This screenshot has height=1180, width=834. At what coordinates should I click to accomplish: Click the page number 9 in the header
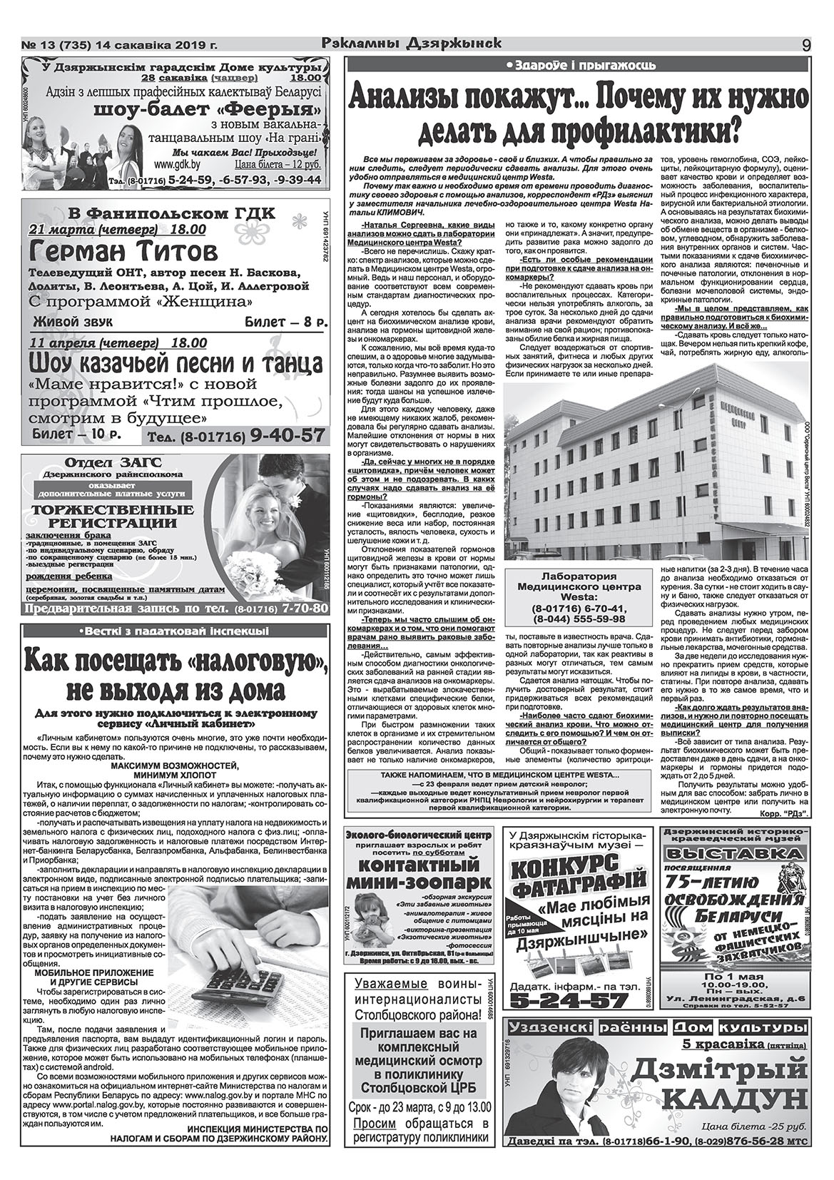pyautogui.click(x=805, y=44)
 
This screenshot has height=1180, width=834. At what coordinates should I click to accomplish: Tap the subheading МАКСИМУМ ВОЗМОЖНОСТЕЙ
pyautogui.click(x=175, y=765)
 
